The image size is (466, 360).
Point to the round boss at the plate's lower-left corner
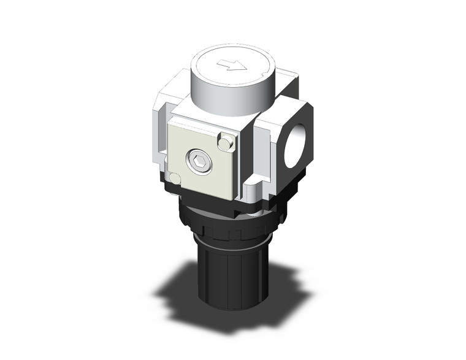tap(175, 178)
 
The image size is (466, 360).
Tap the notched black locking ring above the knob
tap(233, 230)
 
